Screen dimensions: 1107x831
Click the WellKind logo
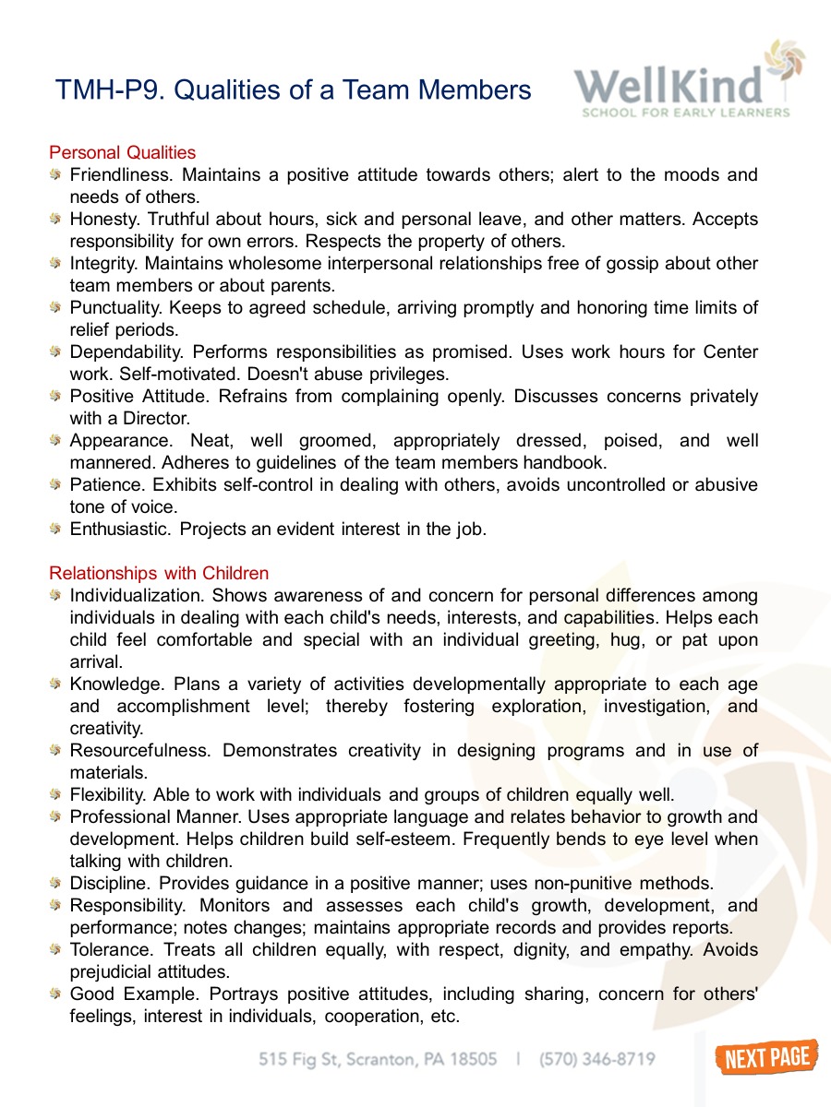coord(687,82)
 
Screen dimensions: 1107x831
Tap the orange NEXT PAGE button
coord(766,1057)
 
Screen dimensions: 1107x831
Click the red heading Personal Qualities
coord(123,152)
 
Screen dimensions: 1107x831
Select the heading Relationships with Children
coord(159,574)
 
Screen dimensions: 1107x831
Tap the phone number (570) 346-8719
coord(597,1059)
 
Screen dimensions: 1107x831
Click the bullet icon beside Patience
coord(56,485)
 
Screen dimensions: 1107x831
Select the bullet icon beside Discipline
coord(56,884)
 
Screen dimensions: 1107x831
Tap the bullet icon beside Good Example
coord(56,994)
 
